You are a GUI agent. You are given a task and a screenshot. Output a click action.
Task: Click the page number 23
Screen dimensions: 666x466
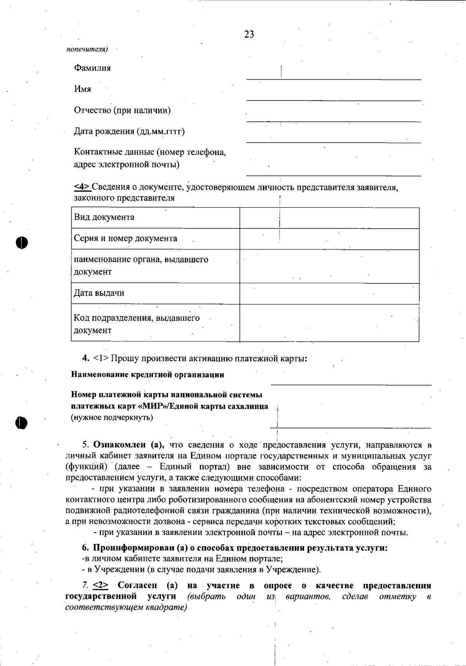(249, 35)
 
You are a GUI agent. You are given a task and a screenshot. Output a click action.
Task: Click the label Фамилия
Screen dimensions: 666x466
(92, 68)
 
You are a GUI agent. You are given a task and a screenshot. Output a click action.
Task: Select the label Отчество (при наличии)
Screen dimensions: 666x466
(122, 110)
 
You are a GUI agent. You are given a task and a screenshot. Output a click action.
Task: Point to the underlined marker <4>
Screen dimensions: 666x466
(82, 187)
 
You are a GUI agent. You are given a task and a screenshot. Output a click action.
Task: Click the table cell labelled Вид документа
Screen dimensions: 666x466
(155, 217)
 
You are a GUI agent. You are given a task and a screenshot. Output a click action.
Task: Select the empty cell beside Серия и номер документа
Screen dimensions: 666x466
(329, 239)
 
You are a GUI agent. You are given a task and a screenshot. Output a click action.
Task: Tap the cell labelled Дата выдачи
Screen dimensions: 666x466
(155, 293)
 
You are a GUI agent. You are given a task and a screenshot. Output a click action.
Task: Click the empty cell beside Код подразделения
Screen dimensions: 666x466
(329, 323)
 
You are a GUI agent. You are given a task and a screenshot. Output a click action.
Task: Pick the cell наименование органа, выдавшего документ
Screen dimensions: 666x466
(155, 266)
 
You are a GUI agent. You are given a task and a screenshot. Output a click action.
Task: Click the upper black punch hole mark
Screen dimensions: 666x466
(22, 242)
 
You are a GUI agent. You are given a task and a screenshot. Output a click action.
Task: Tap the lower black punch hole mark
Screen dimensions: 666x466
(22, 422)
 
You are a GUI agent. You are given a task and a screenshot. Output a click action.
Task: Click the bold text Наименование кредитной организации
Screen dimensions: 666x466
(148, 375)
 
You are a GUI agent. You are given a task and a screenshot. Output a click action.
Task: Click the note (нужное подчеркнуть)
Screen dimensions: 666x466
(112, 418)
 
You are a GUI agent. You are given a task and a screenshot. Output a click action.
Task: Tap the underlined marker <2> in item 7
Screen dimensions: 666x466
(101, 586)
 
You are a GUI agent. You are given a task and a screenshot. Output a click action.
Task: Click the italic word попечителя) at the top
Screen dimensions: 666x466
(87, 49)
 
